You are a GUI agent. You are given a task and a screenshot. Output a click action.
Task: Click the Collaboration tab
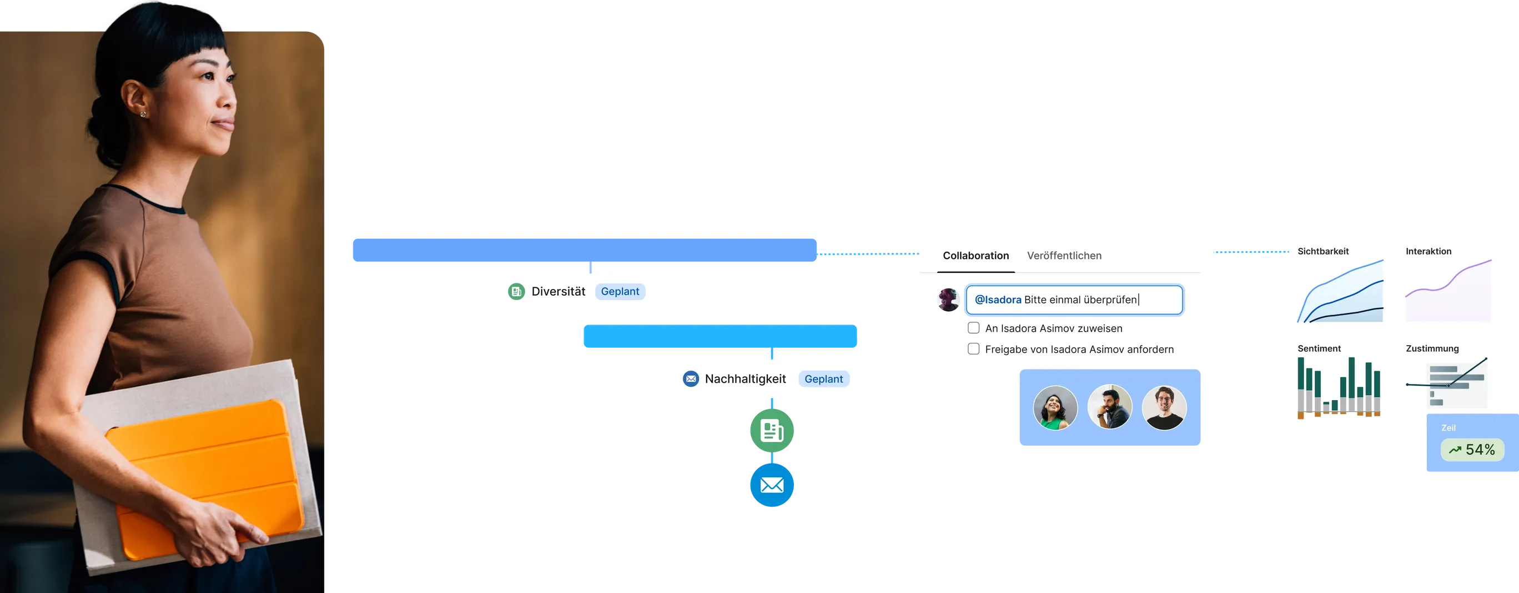coord(975,256)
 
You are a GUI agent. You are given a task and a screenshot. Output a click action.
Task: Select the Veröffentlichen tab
coord(1064,256)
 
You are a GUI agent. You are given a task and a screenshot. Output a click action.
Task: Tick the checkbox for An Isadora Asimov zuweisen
coord(974,328)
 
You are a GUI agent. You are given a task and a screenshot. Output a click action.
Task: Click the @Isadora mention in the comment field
coord(998,300)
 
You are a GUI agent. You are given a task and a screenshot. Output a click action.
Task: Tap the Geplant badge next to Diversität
coord(620,291)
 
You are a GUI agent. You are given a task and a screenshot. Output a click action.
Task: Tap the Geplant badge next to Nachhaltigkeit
coord(823,379)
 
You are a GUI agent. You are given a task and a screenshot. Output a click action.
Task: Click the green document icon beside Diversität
coord(516,291)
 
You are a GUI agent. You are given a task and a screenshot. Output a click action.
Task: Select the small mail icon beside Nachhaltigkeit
coord(691,379)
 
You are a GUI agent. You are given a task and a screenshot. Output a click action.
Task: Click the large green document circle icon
coord(771,430)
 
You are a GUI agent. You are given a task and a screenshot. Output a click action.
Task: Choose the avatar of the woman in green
coord(1055,408)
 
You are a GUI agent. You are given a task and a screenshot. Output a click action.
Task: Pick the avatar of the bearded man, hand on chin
coord(1109,408)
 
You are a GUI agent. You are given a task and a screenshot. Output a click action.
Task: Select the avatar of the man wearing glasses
coord(1164,408)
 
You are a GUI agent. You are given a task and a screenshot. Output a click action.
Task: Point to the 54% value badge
coord(1472,450)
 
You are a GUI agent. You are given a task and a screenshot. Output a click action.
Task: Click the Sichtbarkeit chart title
coord(1322,251)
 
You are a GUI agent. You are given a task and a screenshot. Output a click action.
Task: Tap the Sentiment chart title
coord(1319,348)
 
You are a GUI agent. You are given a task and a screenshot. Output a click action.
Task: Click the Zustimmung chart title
coord(1432,348)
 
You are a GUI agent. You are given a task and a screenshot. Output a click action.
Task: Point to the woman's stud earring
coord(143,113)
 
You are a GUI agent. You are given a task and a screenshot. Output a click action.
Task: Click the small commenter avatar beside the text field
coord(948,300)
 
